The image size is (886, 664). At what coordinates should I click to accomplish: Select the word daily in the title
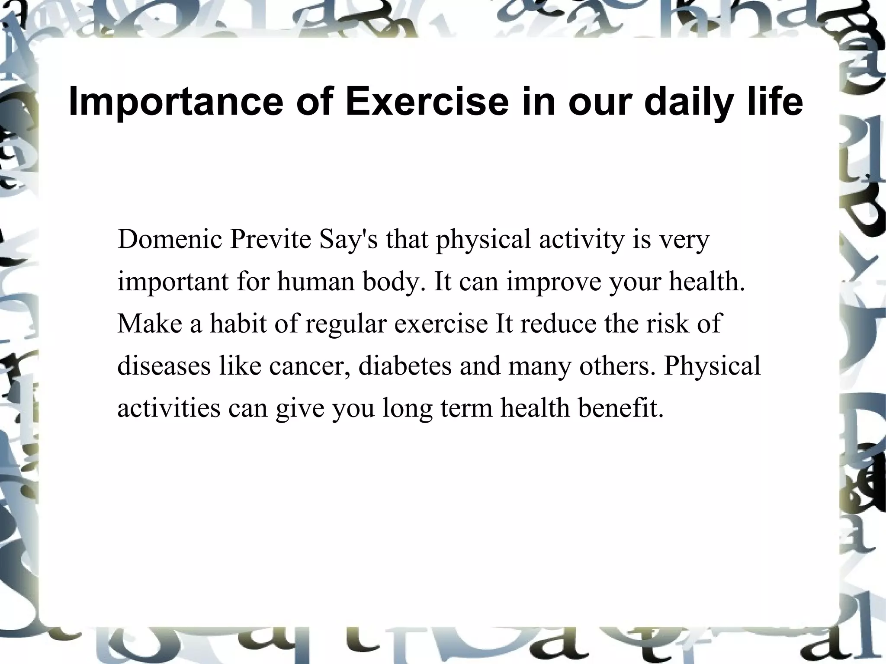tap(687, 102)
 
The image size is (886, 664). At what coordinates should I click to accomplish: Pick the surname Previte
tap(270, 239)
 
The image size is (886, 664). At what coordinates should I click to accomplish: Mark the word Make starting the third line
tap(150, 323)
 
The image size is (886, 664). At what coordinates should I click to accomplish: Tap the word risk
tap(666, 323)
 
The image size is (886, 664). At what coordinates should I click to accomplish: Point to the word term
tap(467, 408)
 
